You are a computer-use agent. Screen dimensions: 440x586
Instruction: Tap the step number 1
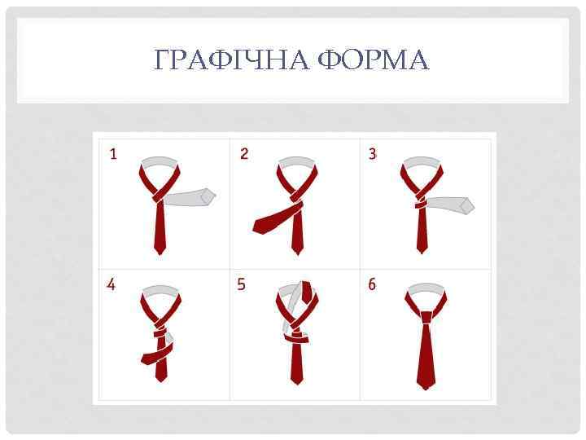[113, 154]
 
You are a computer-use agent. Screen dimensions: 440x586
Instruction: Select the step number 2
[244, 154]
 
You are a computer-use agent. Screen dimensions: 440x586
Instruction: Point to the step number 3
[373, 154]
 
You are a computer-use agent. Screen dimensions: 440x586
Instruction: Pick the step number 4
[112, 285]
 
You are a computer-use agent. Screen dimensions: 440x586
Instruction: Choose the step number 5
[242, 285]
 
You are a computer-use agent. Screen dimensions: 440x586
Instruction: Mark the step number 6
[372, 285]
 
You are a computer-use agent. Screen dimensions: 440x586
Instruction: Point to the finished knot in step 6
[425, 317]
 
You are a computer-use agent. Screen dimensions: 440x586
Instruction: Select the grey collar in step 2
[295, 162]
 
